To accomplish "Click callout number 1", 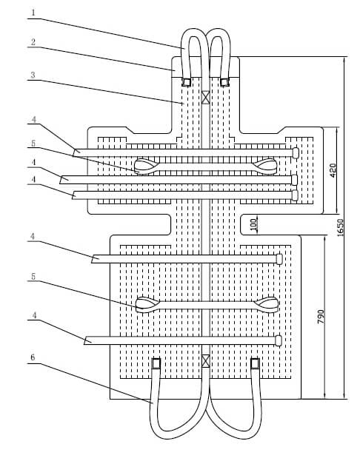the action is [33, 13].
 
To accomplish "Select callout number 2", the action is [33, 42].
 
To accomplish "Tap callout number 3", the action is [33, 75].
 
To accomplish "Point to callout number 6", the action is [33, 357].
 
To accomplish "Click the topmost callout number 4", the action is [34, 119].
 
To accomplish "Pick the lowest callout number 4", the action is [34, 315].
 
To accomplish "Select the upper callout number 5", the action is [33, 143].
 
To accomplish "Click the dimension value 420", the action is [333, 170].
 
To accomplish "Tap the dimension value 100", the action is [253, 224].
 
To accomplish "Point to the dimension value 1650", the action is [340, 228].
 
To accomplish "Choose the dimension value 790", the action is [321, 317].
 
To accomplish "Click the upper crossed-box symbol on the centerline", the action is [205, 97].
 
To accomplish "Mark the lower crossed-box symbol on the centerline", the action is [205, 361].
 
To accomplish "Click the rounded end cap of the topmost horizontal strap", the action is [296, 153].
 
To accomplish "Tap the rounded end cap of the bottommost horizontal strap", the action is [279, 340].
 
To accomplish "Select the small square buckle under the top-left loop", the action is [187, 82].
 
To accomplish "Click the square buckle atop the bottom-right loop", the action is [255, 363].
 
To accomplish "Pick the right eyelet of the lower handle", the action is [266, 305].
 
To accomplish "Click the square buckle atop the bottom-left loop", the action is [156, 363].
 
